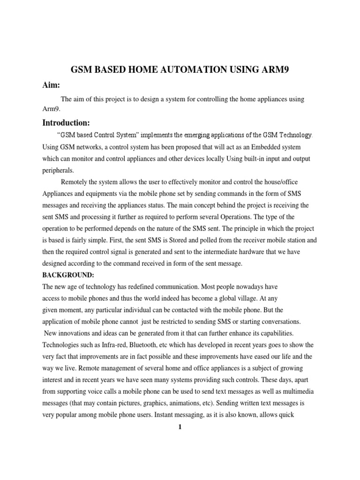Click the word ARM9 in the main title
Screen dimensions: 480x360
point(276,70)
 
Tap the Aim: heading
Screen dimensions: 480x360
point(52,85)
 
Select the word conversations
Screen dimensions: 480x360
point(277,322)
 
